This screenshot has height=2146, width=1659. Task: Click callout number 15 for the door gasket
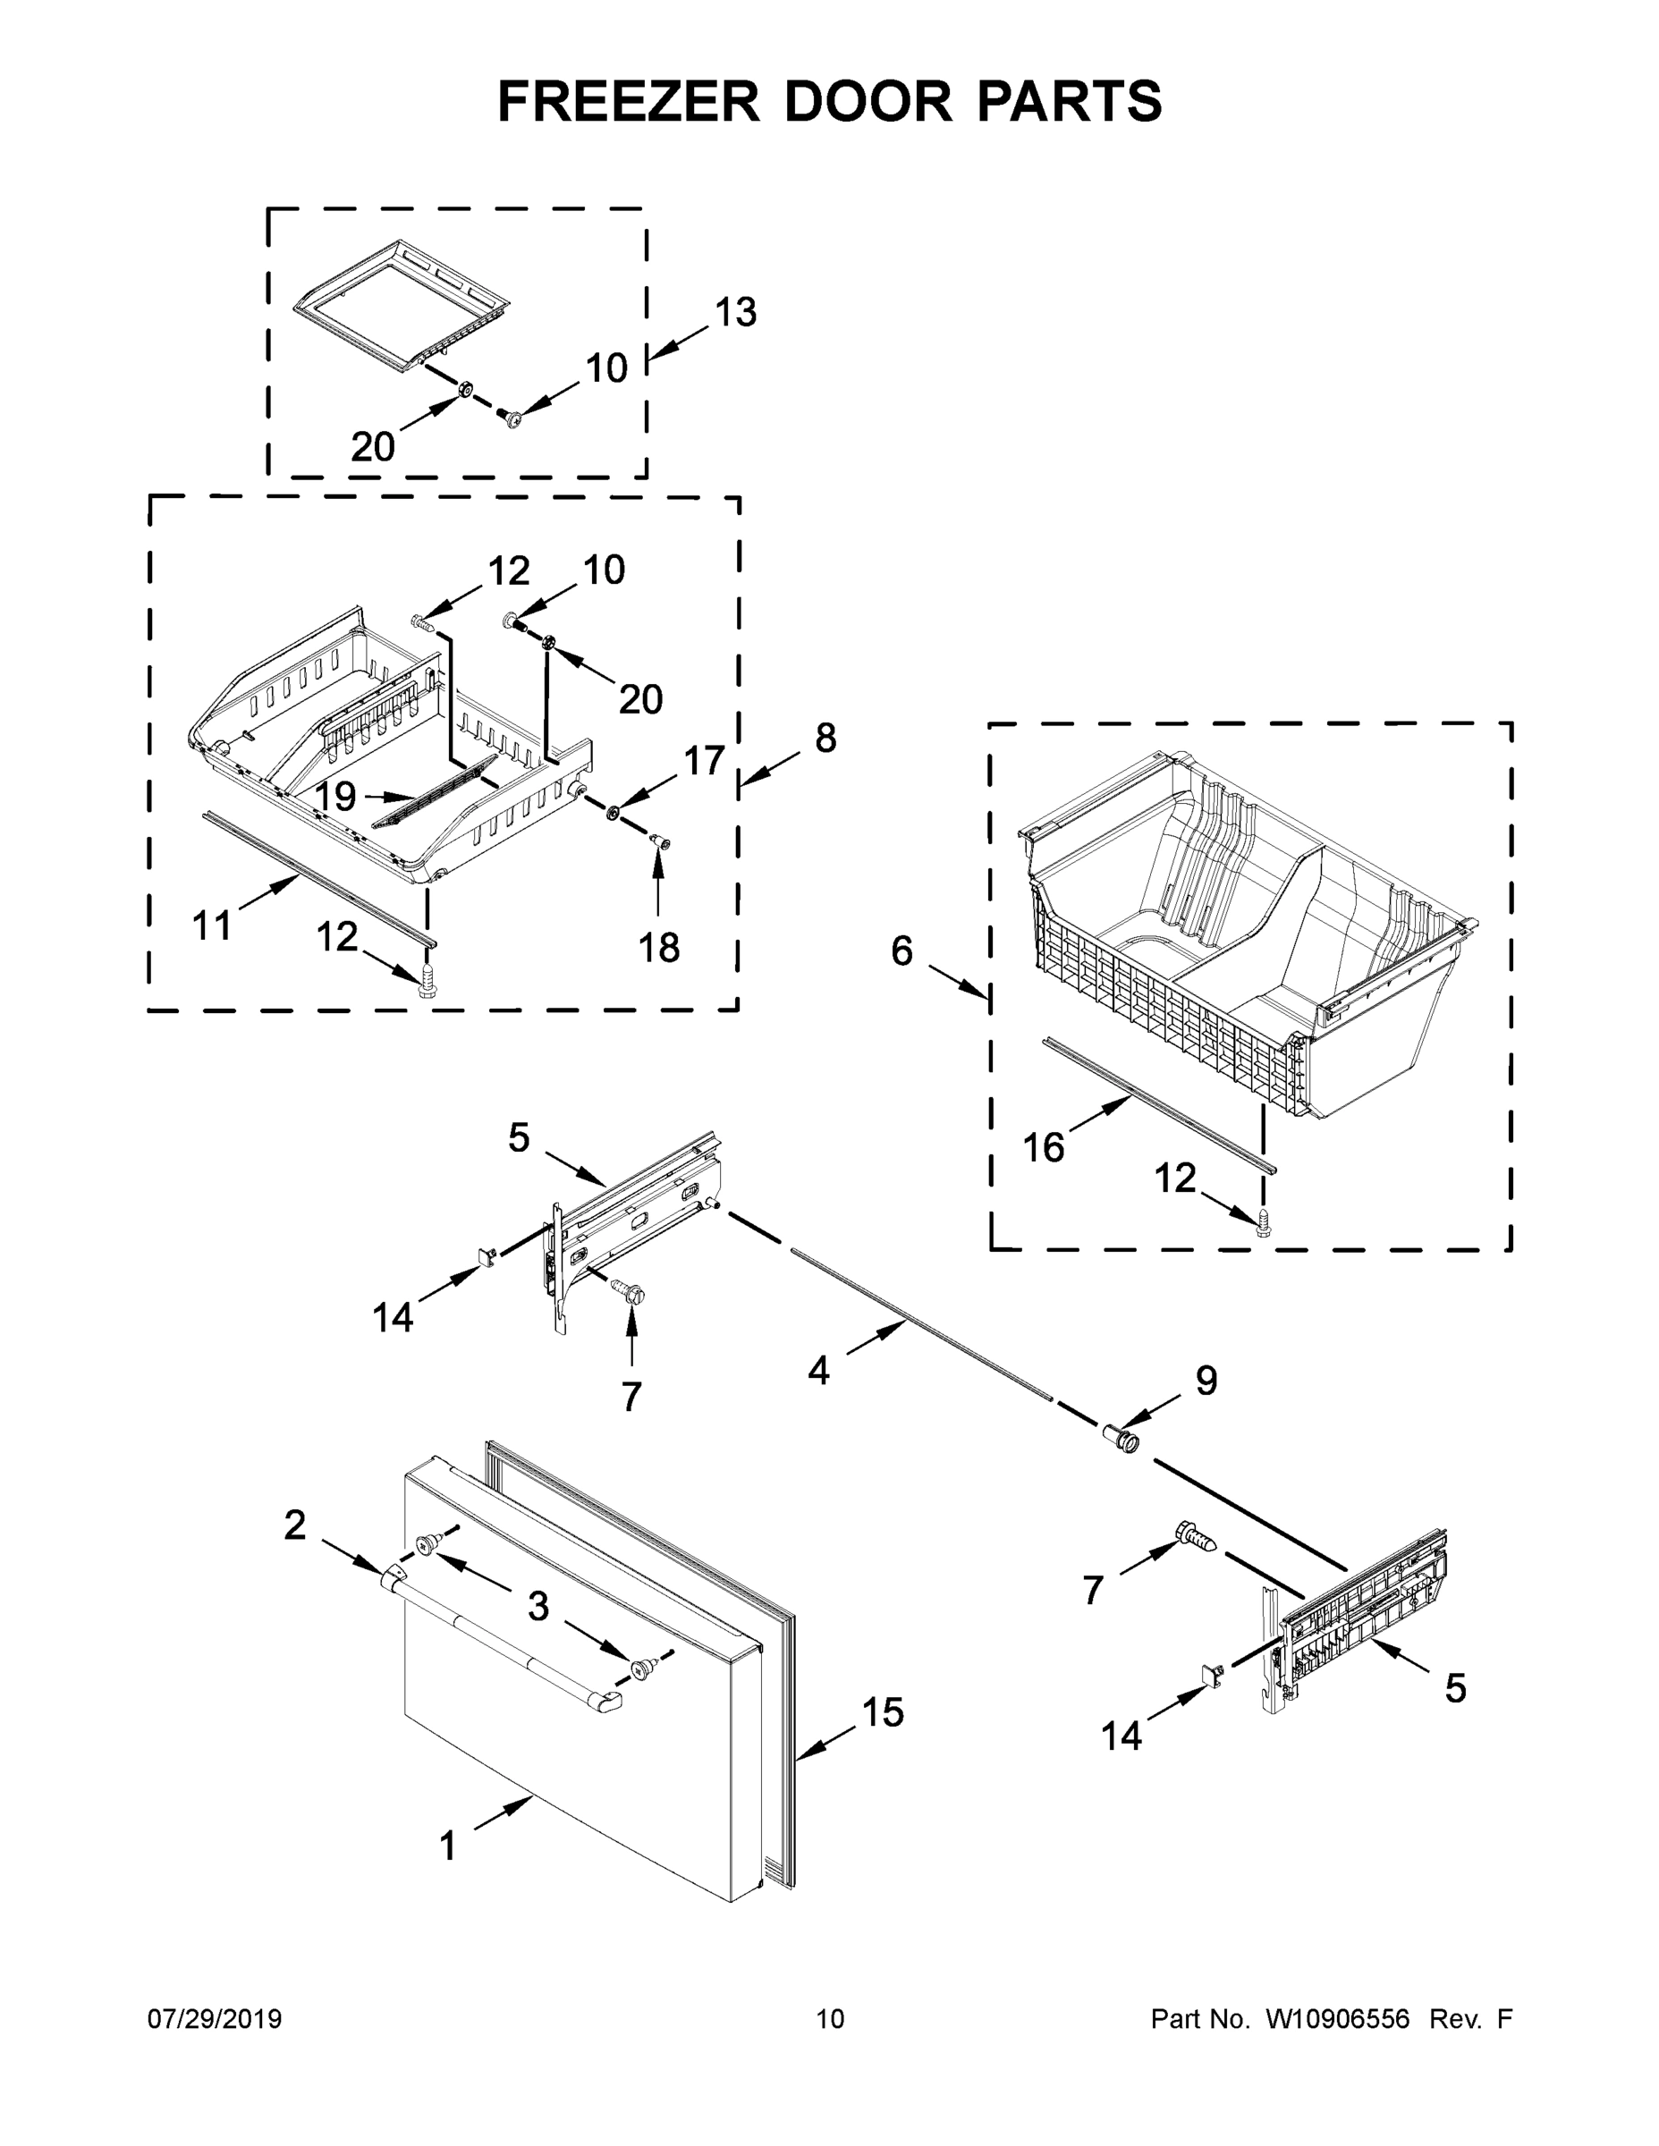[882, 1711]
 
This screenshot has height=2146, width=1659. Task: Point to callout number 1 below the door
[448, 1846]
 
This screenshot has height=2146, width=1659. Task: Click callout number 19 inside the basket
[335, 796]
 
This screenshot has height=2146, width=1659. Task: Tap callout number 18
[658, 948]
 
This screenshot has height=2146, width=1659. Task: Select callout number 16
[1043, 1146]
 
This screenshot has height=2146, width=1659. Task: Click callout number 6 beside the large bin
[901, 950]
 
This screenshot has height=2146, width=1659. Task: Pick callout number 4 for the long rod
[817, 1370]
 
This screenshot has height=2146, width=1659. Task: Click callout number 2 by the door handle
[295, 1525]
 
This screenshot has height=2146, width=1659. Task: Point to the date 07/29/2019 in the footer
[215, 2019]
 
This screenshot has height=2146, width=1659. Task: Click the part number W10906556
[1337, 2019]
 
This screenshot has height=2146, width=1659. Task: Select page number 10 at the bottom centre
[830, 2019]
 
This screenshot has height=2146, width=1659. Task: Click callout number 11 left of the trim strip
[211, 925]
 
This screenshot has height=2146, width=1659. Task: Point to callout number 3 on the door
[537, 1607]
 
